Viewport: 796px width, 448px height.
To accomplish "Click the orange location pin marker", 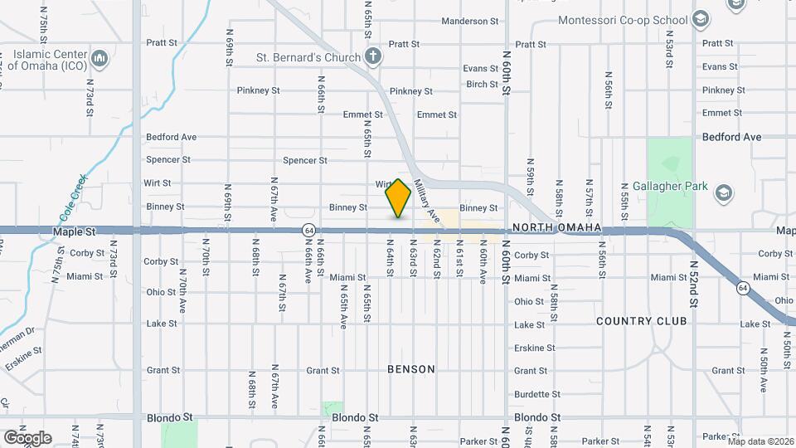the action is [x=399, y=198].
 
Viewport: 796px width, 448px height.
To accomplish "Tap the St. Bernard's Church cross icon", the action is [x=373, y=57].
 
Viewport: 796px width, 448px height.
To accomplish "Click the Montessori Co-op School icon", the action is [x=701, y=20].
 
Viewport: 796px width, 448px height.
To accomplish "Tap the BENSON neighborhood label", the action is [x=410, y=369].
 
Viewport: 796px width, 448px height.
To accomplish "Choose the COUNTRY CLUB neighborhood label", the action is [x=641, y=321].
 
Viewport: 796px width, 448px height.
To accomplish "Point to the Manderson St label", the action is [x=469, y=21].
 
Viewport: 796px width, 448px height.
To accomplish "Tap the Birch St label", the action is [x=482, y=84].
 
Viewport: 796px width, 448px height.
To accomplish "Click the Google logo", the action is [x=27, y=437].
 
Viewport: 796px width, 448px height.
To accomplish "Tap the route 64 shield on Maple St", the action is [x=308, y=229].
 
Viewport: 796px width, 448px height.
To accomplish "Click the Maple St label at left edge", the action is [x=69, y=234].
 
